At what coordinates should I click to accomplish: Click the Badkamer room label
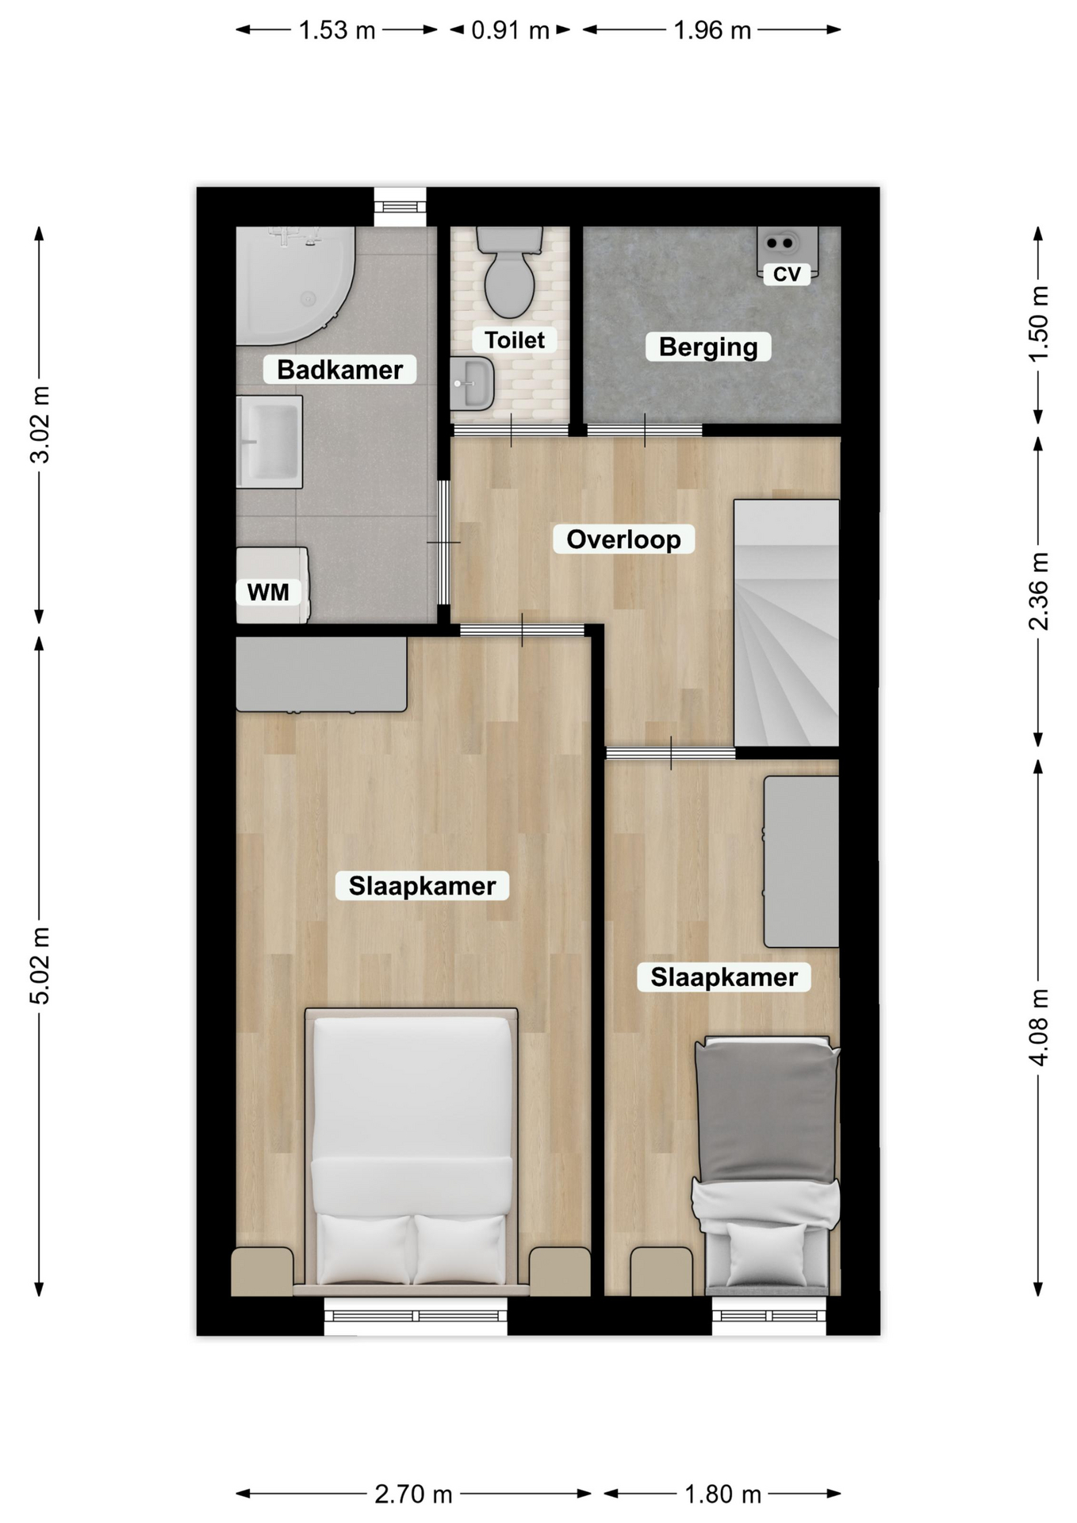click(339, 370)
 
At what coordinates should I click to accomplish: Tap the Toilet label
click(515, 340)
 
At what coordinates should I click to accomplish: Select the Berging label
click(708, 347)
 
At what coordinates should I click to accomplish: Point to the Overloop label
click(623, 539)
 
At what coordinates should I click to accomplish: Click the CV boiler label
click(787, 274)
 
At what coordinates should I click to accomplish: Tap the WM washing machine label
click(268, 592)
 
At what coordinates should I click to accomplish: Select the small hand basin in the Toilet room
click(472, 384)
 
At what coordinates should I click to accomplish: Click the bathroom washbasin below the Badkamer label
click(270, 442)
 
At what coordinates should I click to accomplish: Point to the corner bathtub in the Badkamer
click(294, 286)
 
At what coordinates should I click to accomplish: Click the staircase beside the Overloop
click(786, 623)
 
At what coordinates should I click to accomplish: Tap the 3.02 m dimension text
click(40, 424)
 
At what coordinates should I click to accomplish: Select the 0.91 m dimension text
click(510, 30)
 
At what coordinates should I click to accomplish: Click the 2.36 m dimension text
click(1038, 591)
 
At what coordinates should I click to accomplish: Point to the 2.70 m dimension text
click(413, 1494)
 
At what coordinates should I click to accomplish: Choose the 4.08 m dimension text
click(1038, 1027)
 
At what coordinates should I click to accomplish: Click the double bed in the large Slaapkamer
click(412, 1150)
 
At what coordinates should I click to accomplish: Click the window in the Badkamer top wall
click(400, 207)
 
